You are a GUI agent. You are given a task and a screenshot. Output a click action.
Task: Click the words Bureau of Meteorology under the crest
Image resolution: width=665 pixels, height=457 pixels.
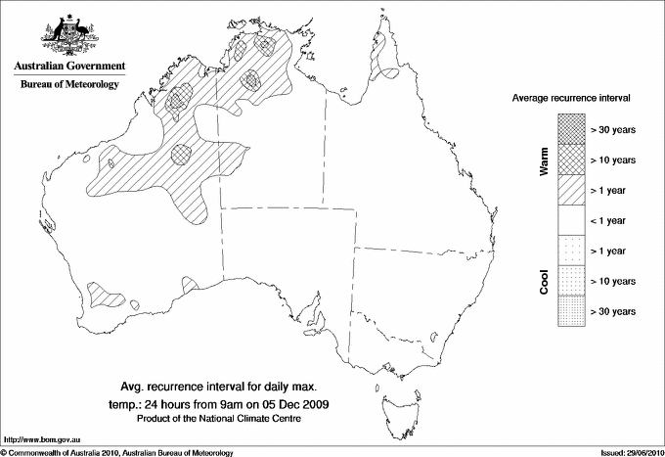(68, 85)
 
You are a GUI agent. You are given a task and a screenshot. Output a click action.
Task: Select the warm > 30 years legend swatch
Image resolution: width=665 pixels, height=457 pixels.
(568, 128)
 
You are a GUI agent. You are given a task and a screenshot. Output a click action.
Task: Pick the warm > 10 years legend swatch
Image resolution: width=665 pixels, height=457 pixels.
(568, 159)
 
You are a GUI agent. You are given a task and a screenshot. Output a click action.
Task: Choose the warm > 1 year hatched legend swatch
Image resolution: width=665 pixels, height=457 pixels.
(568, 189)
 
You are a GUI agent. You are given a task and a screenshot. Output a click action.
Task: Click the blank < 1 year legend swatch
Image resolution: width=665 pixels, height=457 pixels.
(568, 219)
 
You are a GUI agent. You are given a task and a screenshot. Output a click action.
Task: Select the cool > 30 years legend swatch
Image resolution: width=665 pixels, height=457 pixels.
(568, 310)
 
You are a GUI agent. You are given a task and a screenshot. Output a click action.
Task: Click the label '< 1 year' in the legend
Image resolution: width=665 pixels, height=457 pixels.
(611, 220)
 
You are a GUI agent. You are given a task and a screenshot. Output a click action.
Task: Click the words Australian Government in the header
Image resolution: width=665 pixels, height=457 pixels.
(68, 67)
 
